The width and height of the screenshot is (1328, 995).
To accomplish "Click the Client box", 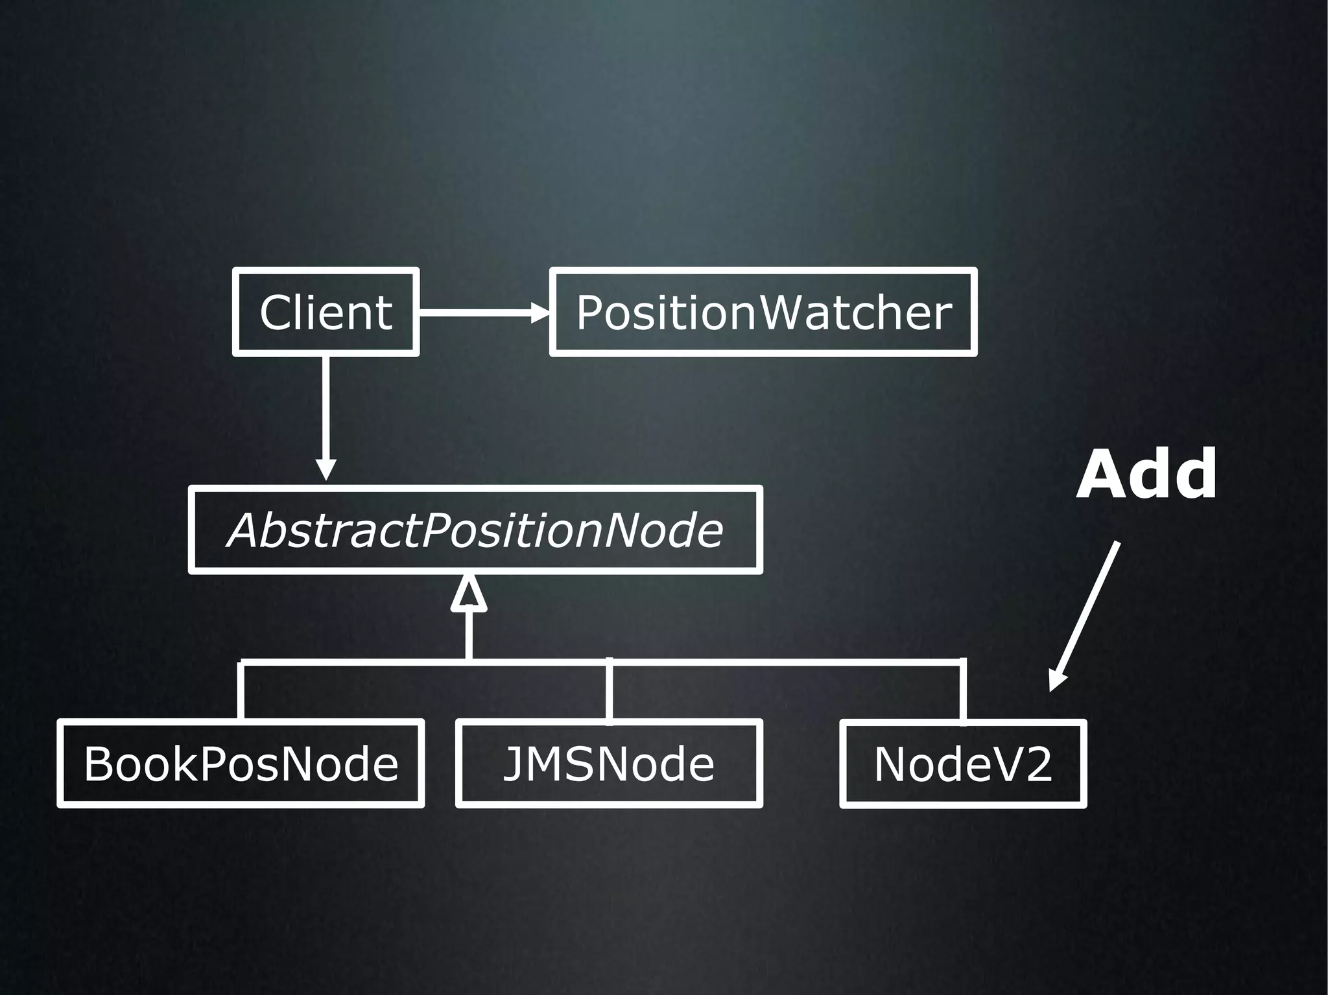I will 326,312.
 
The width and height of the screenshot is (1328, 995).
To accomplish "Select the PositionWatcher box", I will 763,312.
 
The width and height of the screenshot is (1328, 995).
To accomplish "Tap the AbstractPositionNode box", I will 475,530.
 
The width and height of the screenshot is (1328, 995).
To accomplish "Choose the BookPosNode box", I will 241,763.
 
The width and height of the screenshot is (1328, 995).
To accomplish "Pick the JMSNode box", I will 609,763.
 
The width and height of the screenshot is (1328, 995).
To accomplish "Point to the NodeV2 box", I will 963,764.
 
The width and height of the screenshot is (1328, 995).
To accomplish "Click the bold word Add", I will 1146,474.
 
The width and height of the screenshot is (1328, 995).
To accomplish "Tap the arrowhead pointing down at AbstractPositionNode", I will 326,469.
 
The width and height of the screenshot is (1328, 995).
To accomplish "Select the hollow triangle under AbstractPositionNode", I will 469,594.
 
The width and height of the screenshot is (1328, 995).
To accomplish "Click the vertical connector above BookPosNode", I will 241,690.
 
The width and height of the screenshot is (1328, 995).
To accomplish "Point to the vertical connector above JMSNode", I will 609,690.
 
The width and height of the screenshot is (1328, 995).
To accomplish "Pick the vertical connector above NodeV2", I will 963,690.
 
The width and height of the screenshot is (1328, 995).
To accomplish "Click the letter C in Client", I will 277,312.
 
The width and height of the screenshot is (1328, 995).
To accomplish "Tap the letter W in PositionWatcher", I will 789,312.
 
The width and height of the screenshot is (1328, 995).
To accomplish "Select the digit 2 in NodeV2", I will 1037,764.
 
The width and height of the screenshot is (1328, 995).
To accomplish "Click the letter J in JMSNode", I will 514,764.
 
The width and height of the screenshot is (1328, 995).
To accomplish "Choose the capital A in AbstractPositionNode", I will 248,530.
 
